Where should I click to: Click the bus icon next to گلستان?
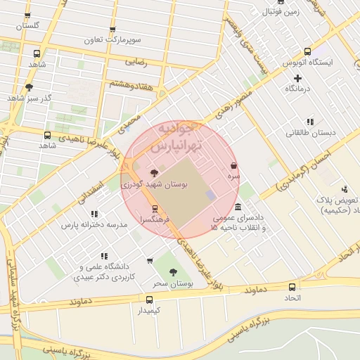pyautogui.click(x=27, y=15)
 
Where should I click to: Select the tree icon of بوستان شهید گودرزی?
pyautogui.click(x=154, y=173)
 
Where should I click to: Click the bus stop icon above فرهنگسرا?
pyautogui.click(x=155, y=209)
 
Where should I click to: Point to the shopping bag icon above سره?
pyautogui.click(x=233, y=166)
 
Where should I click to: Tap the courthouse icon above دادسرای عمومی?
pyautogui.click(x=239, y=207)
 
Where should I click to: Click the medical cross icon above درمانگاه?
pyautogui.click(x=298, y=78)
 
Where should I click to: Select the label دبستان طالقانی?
pyautogui.click(x=310, y=132)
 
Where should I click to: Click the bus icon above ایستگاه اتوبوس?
pyautogui.click(x=307, y=51)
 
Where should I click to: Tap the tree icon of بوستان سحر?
pyautogui.click(x=173, y=273)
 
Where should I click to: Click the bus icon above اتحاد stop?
pyautogui.click(x=292, y=287)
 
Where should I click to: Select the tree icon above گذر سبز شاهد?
pyautogui.click(x=28, y=87)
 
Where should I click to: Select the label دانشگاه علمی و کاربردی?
pyautogui.click(x=105, y=272)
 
